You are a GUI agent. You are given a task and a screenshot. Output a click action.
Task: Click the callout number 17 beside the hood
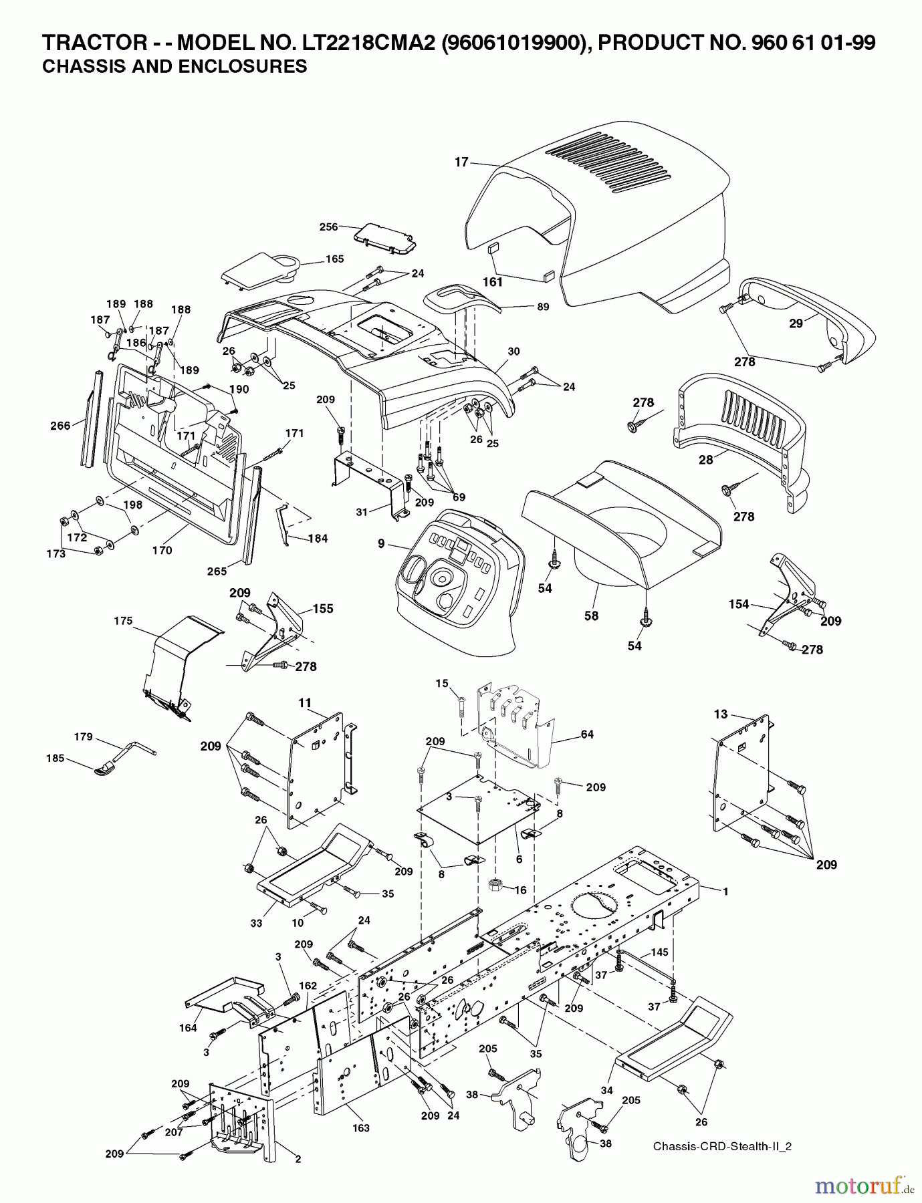pyautogui.click(x=461, y=162)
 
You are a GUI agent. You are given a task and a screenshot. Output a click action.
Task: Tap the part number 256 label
pyautogui.click(x=328, y=227)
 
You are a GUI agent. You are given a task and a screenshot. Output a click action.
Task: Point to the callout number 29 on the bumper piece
pyautogui.click(x=796, y=323)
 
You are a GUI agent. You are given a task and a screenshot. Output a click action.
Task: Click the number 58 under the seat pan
pyautogui.click(x=591, y=616)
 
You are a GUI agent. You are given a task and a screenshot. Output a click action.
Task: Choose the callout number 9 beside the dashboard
pyautogui.click(x=381, y=544)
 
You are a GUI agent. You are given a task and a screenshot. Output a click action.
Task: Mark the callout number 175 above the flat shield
pyautogui.click(x=123, y=621)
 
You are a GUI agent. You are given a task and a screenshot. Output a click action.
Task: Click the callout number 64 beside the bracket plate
pyautogui.click(x=587, y=734)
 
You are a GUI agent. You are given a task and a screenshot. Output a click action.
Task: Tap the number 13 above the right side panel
pyautogui.click(x=720, y=714)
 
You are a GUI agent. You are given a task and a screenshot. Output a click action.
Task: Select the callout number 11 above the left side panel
pyautogui.click(x=305, y=702)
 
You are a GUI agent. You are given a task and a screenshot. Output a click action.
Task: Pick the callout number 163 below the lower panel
pyautogui.click(x=361, y=1128)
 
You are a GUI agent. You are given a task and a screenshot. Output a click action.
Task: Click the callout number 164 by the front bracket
pyautogui.click(x=189, y=1028)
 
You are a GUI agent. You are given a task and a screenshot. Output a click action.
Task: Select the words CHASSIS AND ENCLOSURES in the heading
pyautogui.click(x=175, y=67)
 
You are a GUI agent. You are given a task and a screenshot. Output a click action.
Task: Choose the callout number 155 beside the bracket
pyautogui.click(x=323, y=609)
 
